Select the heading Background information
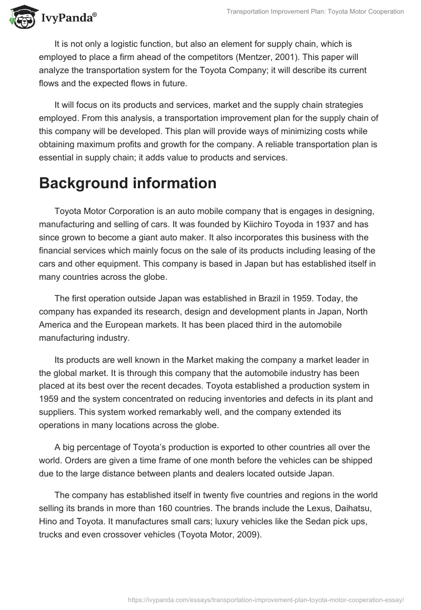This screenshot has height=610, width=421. click(x=128, y=184)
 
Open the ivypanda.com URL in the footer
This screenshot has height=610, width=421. click(x=266, y=599)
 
